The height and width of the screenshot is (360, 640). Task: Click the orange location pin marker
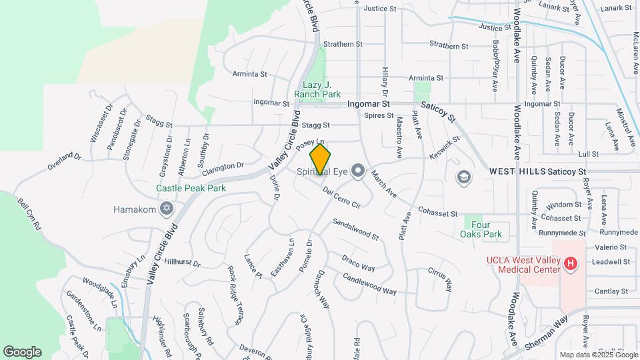point(321,159)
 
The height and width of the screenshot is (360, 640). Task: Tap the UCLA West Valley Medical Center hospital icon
point(570,264)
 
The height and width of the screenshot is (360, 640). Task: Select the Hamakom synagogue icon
point(166,209)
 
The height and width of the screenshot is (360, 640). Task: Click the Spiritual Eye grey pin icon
point(358,171)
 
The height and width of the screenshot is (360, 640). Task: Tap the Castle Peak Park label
point(191,188)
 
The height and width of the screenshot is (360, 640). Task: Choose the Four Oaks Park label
point(481,229)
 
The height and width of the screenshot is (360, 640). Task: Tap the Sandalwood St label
point(355,229)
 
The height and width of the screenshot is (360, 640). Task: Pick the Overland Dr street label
point(63,161)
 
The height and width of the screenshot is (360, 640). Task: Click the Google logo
point(22,352)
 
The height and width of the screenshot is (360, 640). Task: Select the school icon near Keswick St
point(463,177)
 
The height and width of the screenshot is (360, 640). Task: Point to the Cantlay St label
point(611,291)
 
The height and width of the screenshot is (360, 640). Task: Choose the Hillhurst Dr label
point(182,263)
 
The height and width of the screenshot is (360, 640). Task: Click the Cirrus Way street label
point(440,280)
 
